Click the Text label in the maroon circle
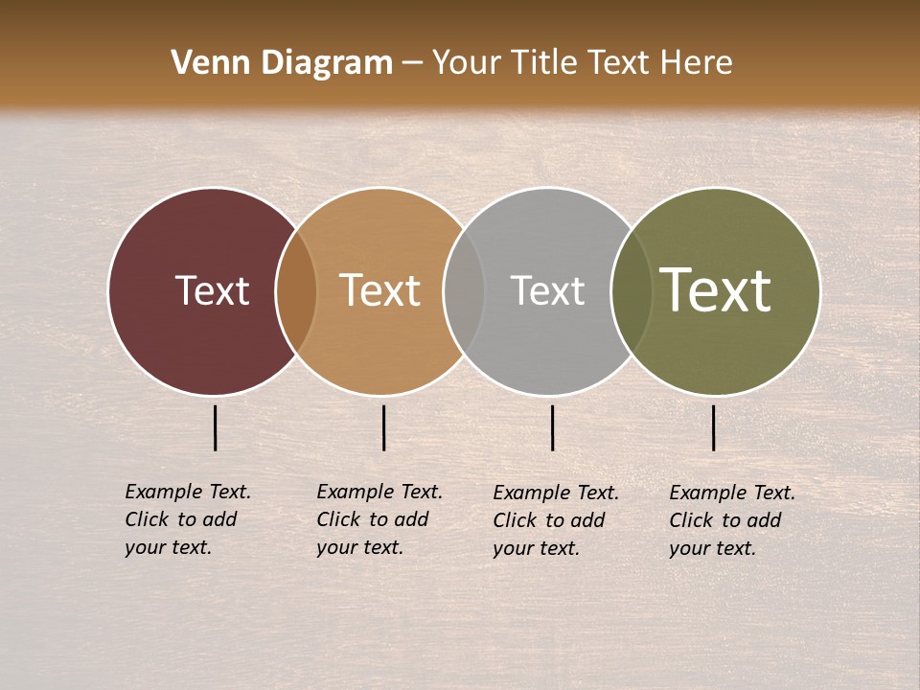click(212, 290)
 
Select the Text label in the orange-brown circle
click(380, 290)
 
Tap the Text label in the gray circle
click(547, 290)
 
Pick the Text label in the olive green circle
click(716, 290)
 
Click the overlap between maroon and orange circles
click(296, 291)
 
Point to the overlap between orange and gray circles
click(464, 291)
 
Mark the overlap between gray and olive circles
click(632, 291)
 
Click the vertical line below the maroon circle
click(216, 427)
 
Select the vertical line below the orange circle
click(383, 427)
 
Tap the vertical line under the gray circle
click(552, 427)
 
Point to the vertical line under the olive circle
click(714, 427)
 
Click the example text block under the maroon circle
click(188, 519)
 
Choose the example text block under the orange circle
click(379, 519)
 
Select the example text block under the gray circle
click(556, 520)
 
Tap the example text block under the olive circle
click(732, 520)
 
